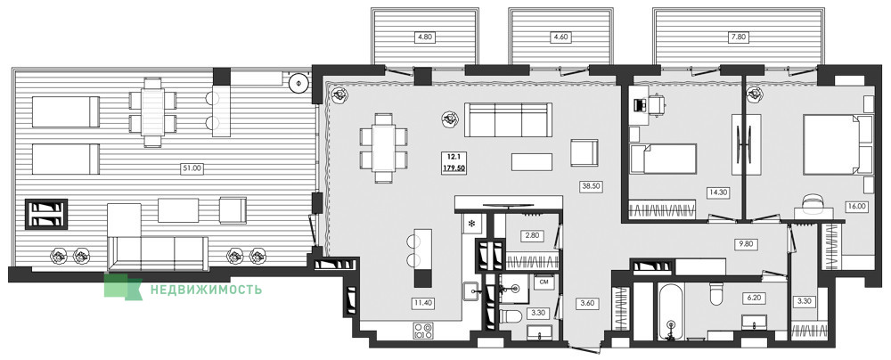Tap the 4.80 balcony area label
425,37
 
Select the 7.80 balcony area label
738,37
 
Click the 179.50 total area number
454,168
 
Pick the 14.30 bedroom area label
718,192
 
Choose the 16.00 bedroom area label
855,207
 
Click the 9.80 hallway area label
744,245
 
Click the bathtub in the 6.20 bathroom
671,312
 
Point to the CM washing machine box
544,282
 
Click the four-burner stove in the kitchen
423,331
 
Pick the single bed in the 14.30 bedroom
664,159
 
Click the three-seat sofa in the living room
508,119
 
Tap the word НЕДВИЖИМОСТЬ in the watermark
207,290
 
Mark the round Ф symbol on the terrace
298,84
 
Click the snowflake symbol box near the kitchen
471,224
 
